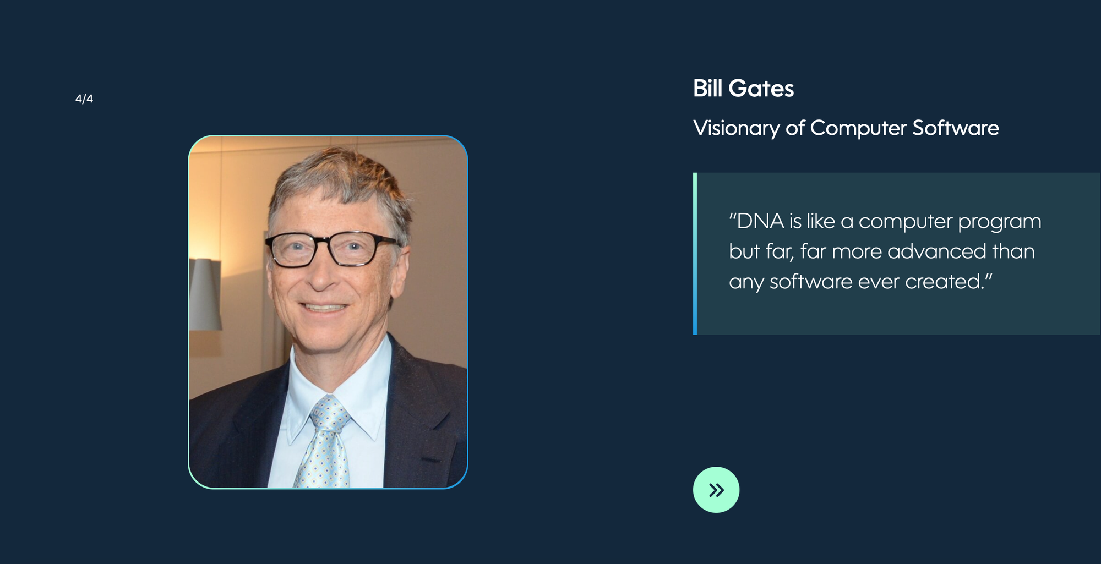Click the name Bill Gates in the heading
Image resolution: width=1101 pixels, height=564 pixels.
pyautogui.click(x=743, y=89)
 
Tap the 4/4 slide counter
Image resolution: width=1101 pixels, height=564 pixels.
pyautogui.click(x=84, y=99)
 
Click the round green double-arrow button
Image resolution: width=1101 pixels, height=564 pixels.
pyautogui.click(x=716, y=490)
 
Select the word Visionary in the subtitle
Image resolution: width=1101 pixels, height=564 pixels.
pyautogui.click(x=737, y=128)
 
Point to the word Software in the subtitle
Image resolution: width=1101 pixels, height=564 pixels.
pyautogui.click(x=956, y=128)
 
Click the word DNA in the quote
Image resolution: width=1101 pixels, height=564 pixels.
pyautogui.click(x=760, y=221)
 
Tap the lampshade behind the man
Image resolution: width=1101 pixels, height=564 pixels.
pyautogui.click(x=205, y=294)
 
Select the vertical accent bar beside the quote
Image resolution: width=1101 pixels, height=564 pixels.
pyautogui.click(x=695, y=254)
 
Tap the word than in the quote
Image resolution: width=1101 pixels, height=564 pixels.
pyautogui.click(x=1013, y=251)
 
